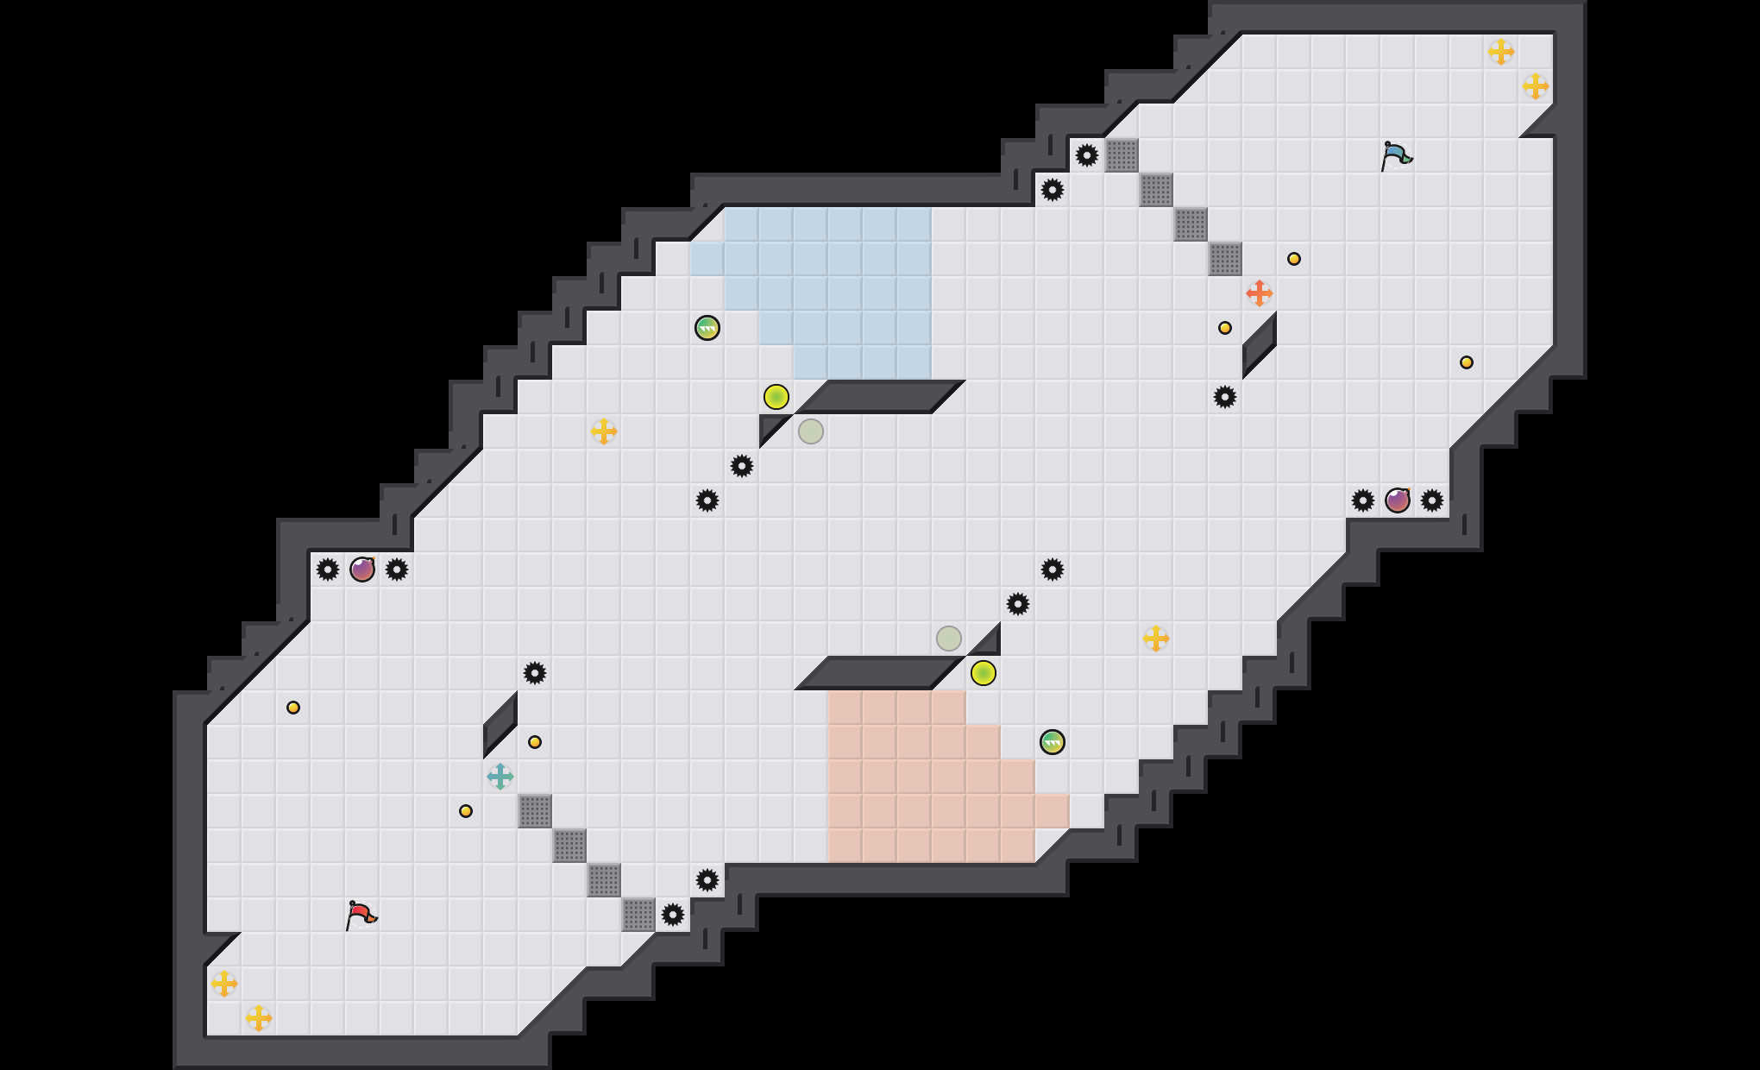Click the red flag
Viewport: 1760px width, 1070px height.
point(361,915)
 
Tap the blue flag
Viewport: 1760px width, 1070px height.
point(1395,156)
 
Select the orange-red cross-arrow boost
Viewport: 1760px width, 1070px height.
point(1260,293)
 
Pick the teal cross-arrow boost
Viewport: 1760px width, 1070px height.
point(500,777)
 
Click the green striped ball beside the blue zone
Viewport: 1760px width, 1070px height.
point(707,328)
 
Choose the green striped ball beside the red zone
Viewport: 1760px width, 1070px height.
point(1053,742)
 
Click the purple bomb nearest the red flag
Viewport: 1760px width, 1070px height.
point(362,570)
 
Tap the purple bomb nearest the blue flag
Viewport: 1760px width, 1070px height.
point(1398,500)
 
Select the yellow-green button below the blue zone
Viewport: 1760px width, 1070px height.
point(776,397)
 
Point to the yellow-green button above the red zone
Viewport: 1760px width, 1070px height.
point(984,673)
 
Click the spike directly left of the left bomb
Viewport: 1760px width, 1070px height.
point(328,570)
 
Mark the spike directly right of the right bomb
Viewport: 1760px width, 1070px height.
point(1432,500)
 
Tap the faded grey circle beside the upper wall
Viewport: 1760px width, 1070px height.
point(811,431)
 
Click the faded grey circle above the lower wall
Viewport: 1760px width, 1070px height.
point(949,639)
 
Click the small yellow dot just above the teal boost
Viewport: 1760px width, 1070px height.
point(535,742)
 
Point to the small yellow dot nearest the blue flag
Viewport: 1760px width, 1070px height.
point(1294,259)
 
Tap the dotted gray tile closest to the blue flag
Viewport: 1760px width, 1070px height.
point(1225,259)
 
